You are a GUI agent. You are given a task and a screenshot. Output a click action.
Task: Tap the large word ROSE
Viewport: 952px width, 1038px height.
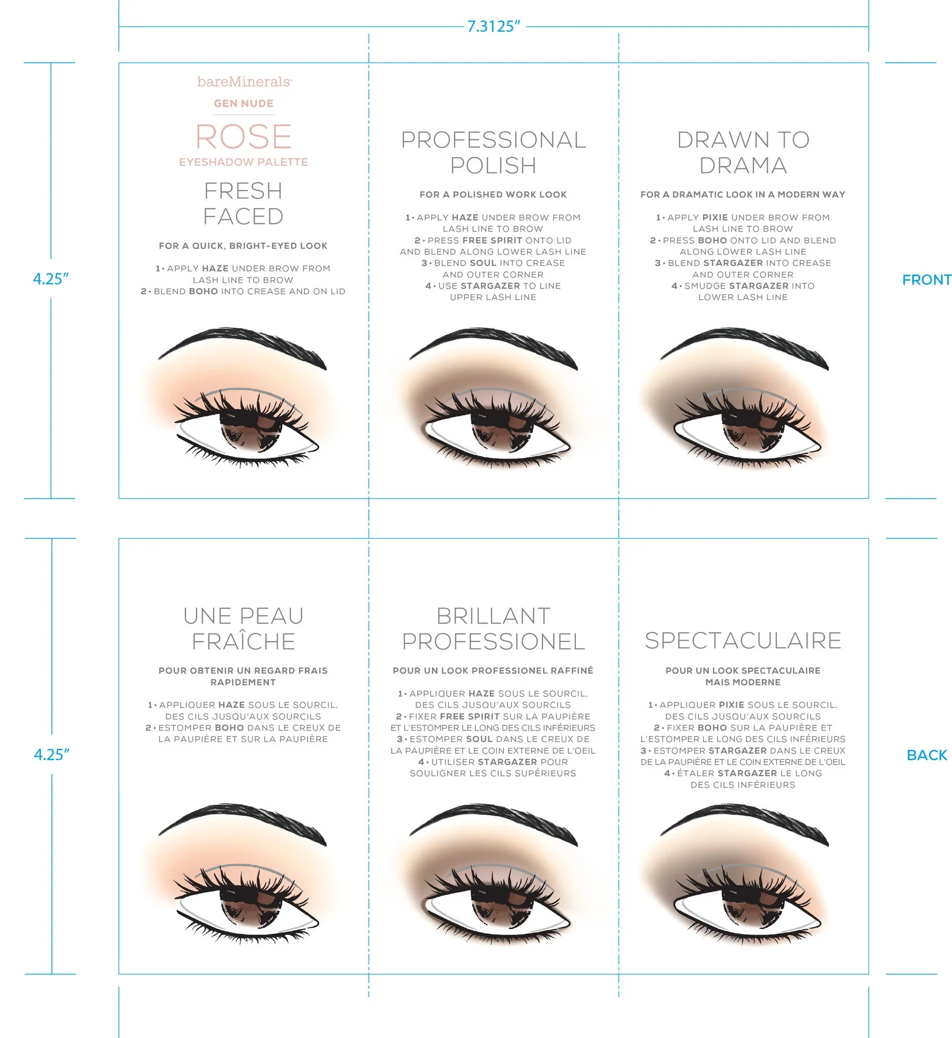pos(244,137)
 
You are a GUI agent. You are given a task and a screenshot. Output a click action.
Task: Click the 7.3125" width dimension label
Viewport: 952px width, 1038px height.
pos(494,26)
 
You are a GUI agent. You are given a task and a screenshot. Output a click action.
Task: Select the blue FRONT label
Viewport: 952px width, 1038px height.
pos(926,280)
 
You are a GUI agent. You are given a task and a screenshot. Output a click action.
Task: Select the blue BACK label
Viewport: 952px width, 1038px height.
pos(926,755)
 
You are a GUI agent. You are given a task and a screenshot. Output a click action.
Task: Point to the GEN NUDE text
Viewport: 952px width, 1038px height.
pos(244,104)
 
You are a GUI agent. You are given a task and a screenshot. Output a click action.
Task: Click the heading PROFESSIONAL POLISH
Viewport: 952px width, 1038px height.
pos(494,153)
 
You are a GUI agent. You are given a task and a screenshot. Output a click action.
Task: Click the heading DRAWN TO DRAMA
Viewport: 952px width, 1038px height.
pos(743,153)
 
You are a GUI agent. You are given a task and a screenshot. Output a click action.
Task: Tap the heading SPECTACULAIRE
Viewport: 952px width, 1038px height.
pos(743,641)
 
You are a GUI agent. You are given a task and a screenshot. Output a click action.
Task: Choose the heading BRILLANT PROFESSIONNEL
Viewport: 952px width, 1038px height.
pos(494,629)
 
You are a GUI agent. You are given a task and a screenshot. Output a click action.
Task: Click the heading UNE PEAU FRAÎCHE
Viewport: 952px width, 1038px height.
pos(244,629)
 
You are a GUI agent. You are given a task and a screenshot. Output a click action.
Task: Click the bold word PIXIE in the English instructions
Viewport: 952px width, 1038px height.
pos(715,218)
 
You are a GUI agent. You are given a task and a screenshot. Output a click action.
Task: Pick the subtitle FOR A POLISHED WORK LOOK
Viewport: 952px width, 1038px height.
pos(493,195)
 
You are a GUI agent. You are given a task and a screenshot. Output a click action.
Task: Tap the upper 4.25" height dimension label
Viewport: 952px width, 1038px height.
pos(51,279)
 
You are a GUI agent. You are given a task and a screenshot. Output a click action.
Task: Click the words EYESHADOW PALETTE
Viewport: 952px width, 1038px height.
pos(244,162)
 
